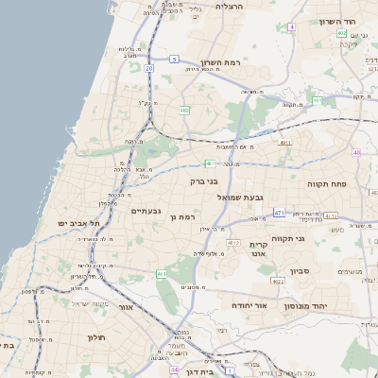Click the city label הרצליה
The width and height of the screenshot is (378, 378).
[230, 7]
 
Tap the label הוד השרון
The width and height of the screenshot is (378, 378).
[335, 21]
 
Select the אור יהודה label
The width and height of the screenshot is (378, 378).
[249, 306]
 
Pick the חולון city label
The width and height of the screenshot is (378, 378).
[94, 337]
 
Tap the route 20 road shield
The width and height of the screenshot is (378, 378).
[149, 68]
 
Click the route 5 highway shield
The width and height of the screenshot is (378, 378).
[174, 60]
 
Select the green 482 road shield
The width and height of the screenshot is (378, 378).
[184, 111]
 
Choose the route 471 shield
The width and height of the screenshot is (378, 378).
[279, 214]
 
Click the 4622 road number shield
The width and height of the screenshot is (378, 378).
[278, 282]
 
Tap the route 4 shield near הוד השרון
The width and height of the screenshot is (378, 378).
[292, 27]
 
